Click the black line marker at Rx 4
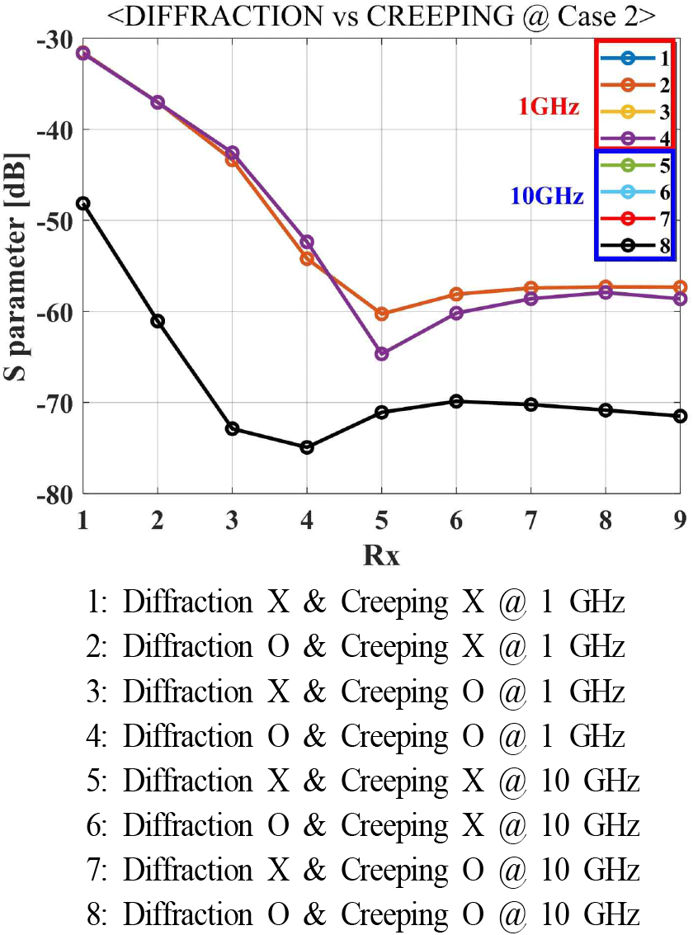(307, 447)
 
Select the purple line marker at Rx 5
(381, 353)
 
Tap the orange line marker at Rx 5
(381, 314)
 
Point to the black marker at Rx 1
(83, 203)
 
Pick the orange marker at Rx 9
(680, 287)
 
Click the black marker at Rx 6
(456, 401)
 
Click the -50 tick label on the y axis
(53, 220)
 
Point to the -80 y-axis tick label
(53, 493)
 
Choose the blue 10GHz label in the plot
(546, 196)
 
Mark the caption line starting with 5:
(363, 781)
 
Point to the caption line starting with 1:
(355, 602)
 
